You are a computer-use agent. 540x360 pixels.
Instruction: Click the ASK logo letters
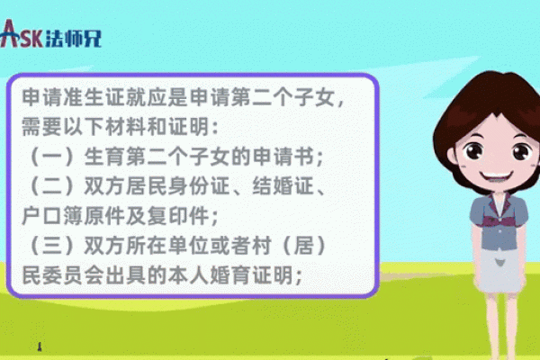tap(20, 34)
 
